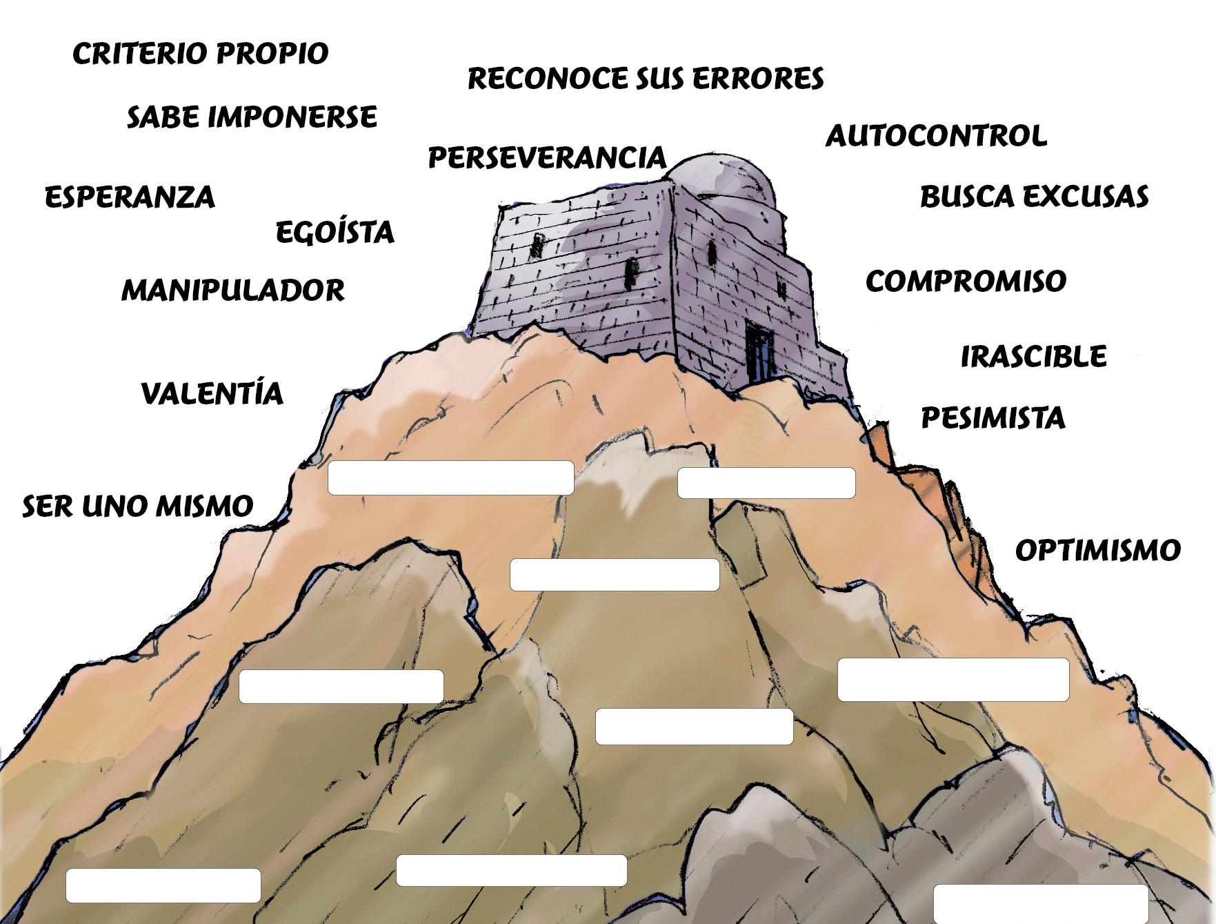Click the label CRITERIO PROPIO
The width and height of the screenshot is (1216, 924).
[200, 54]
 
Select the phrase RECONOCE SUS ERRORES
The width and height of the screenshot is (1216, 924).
[646, 79]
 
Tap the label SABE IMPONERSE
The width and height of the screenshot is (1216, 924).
[252, 117]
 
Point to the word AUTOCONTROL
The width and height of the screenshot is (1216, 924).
[936, 136]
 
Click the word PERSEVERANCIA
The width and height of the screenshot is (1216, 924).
[547, 158]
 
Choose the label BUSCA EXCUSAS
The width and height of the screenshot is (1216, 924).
[1034, 197]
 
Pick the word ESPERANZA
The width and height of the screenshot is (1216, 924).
[130, 197]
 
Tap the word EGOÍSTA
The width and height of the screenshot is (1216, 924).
[335, 232]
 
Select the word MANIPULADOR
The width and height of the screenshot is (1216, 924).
[232, 291]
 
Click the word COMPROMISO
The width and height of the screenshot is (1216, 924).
[966, 281]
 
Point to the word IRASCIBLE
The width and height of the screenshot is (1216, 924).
[1033, 357]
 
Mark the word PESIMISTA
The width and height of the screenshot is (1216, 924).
[993, 418]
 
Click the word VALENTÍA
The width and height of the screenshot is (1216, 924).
[212, 393]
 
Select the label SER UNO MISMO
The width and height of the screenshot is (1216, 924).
[138, 507]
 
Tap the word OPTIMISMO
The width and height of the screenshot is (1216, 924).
[1097, 551]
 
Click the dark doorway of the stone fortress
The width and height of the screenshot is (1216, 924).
[760, 353]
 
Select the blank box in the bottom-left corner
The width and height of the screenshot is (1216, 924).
[163, 885]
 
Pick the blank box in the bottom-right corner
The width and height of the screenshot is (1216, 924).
[1040, 905]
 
